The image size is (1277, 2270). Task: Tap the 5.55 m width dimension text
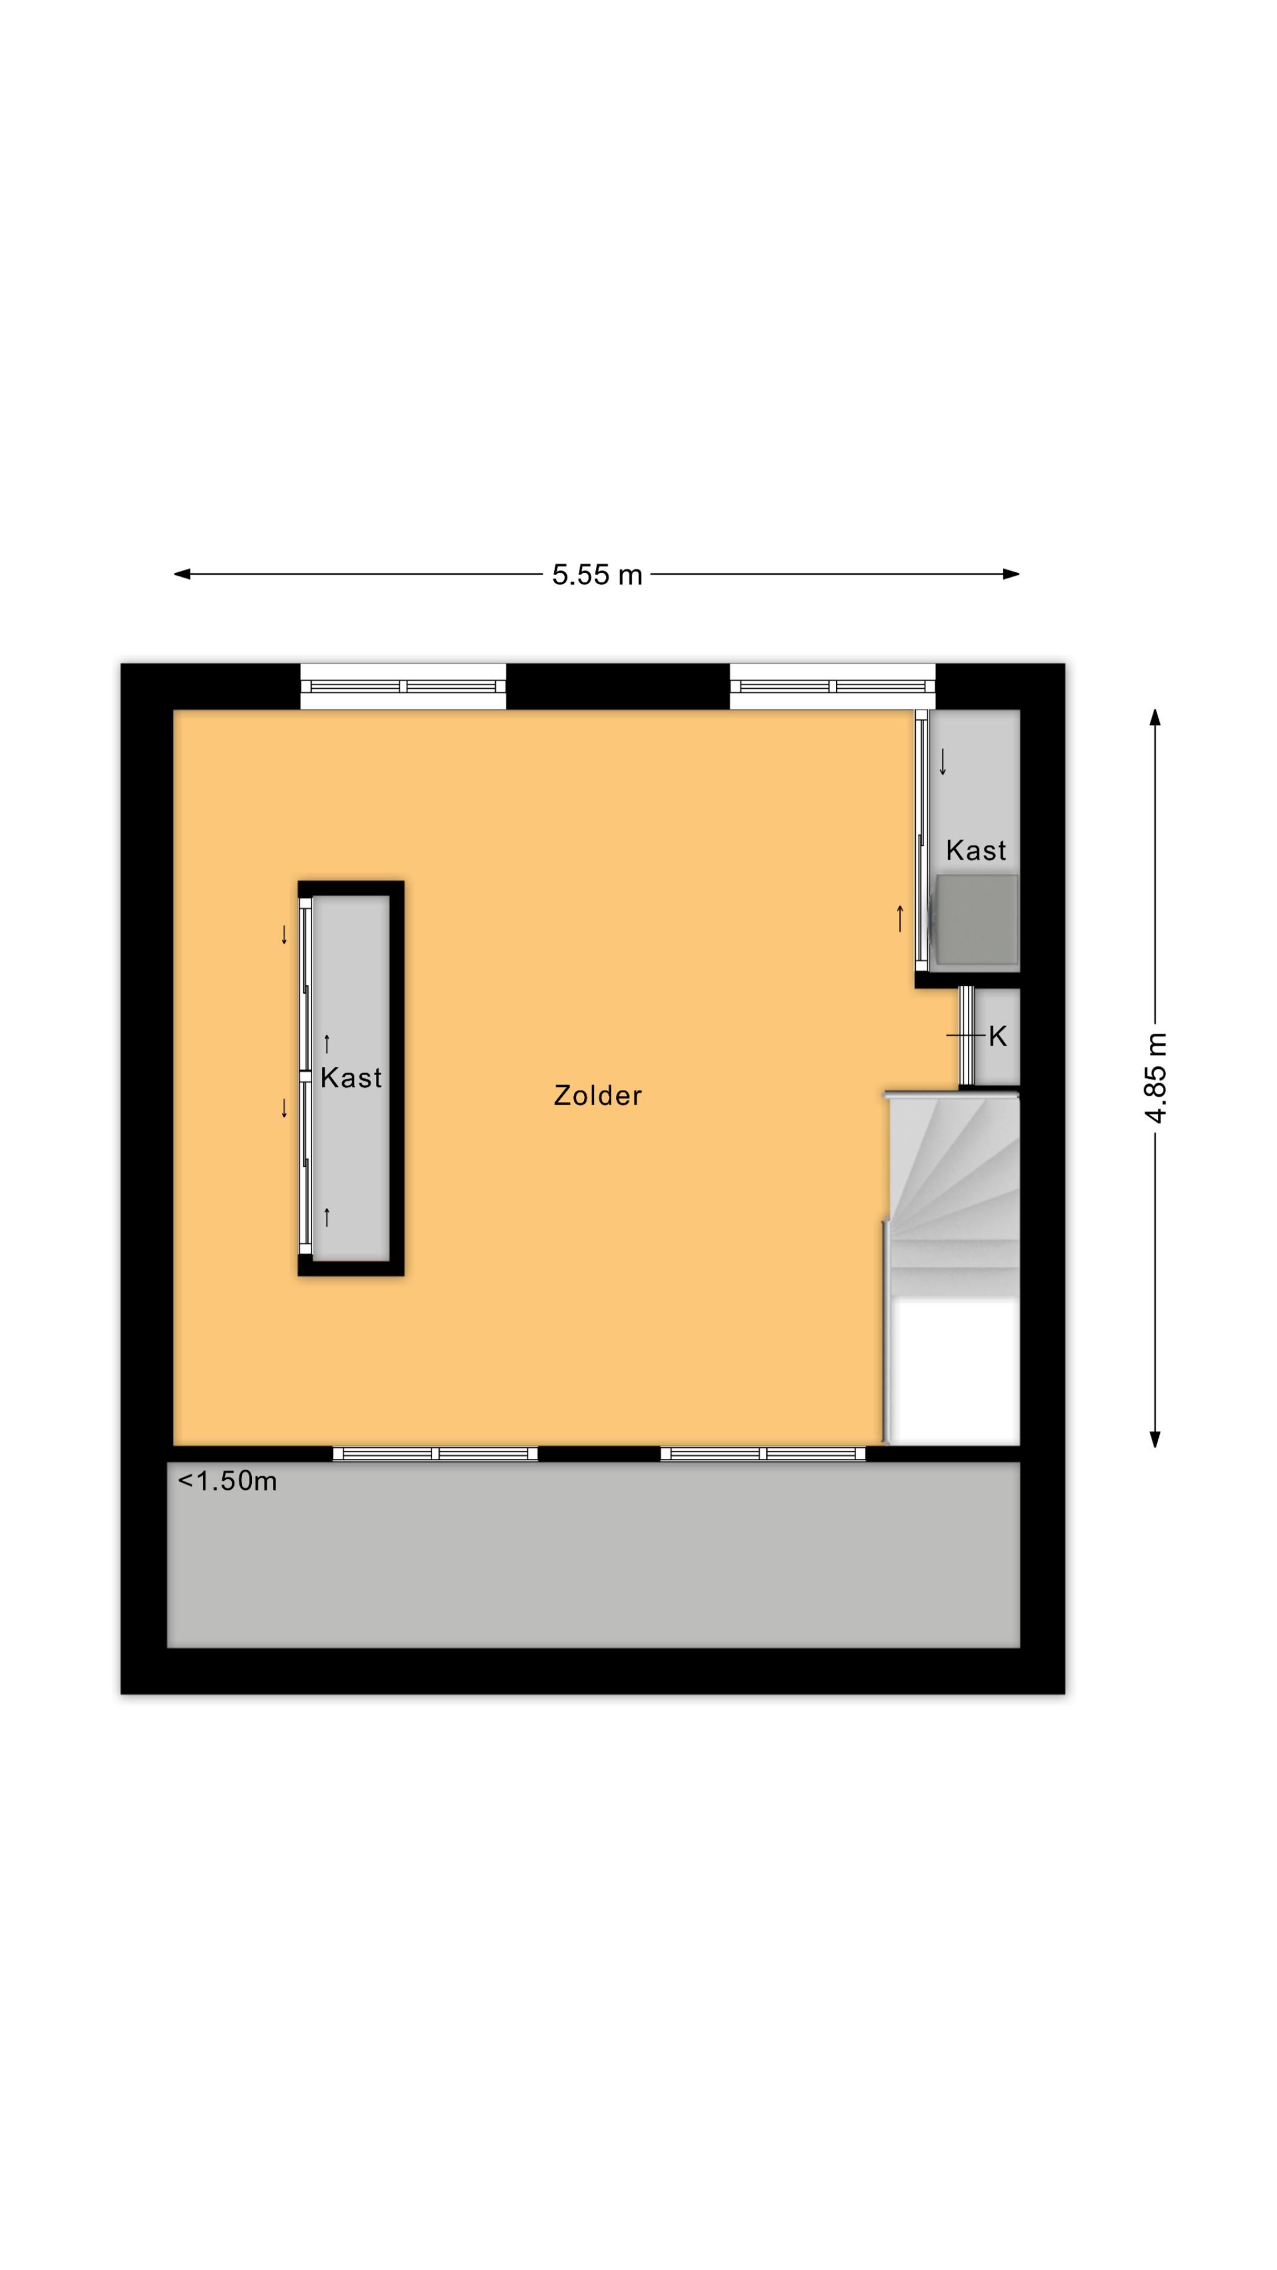597,575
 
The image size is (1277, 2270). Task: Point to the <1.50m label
228,1481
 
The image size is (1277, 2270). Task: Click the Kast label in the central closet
351,1077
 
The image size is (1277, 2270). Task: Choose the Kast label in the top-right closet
975,851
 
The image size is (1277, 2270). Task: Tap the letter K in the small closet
997,1036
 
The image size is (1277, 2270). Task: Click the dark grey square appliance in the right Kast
977,919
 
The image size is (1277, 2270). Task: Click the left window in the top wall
403,686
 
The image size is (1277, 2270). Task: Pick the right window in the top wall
832,686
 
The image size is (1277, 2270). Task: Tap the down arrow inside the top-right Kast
943,761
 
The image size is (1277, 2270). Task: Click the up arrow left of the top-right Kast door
900,918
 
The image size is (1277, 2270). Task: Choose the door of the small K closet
967,1036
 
